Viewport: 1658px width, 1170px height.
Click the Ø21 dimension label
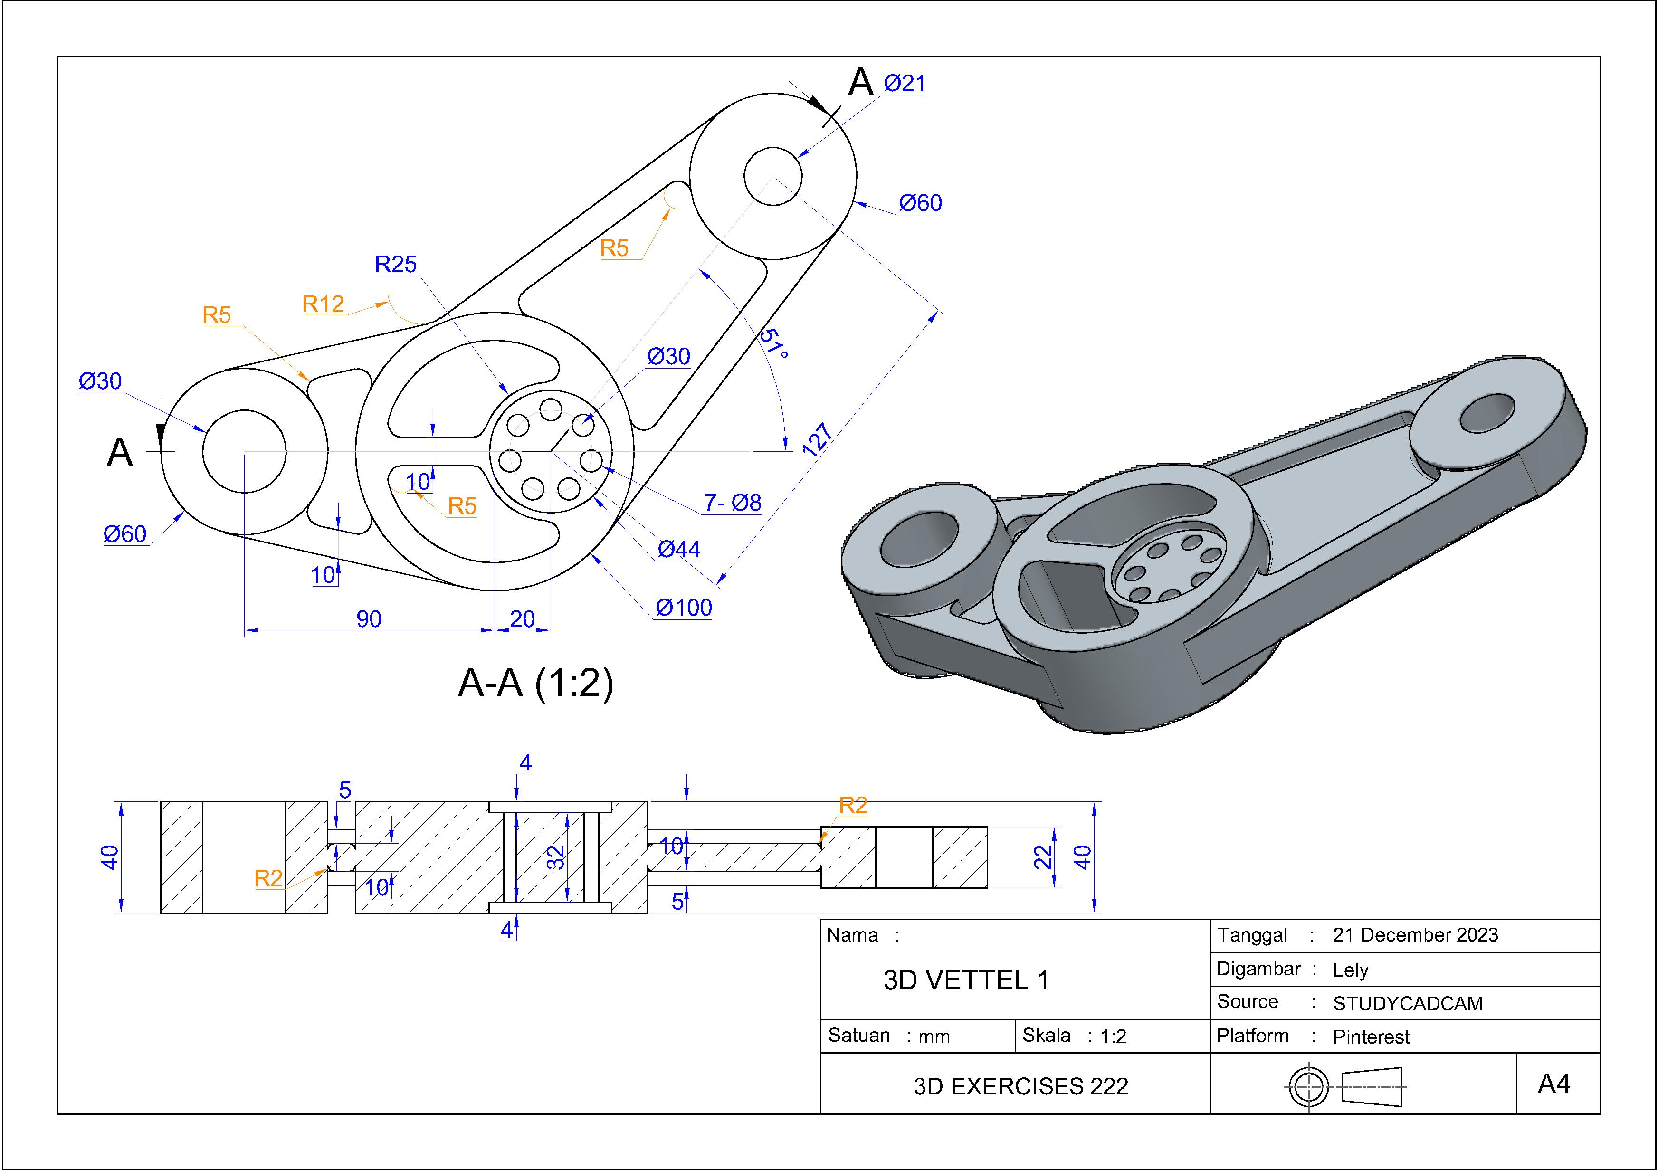[904, 84]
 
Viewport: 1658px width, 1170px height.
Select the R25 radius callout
[396, 264]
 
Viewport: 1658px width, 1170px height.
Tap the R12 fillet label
[323, 304]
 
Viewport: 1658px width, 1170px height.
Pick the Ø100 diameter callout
[683, 608]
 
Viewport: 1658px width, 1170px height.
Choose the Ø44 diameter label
[679, 550]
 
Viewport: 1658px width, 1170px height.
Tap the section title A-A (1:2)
[536, 683]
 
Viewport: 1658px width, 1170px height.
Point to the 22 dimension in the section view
[1042, 857]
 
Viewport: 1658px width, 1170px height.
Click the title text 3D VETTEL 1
[965, 980]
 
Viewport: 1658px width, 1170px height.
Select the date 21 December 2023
[1415, 935]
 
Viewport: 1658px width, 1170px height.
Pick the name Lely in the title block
[1350, 970]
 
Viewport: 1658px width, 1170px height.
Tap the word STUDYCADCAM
[1408, 1004]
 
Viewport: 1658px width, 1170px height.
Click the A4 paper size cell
[1554, 1084]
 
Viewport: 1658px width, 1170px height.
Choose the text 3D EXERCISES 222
[1020, 1086]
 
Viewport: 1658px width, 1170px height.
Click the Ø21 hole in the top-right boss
[772, 176]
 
